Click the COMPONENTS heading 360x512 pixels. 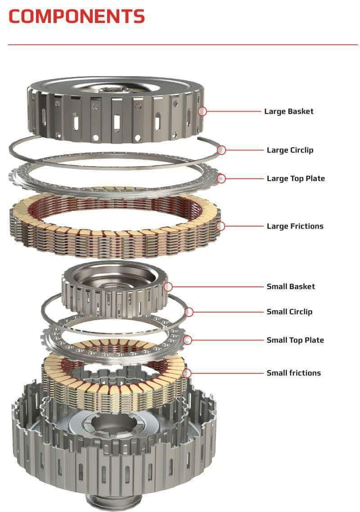(x=76, y=16)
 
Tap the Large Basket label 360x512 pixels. (x=289, y=111)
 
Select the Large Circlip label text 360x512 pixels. (x=290, y=150)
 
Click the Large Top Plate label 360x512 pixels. (x=296, y=179)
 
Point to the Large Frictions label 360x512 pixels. (x=295, y=227)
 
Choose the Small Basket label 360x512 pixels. (x=291, y=287)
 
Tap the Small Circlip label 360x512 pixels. (x=289, y=312)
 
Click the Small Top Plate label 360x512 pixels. (x=295, y=340)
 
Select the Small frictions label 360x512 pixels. (x=294, y=373)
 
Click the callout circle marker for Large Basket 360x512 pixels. (x=202, y=111)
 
